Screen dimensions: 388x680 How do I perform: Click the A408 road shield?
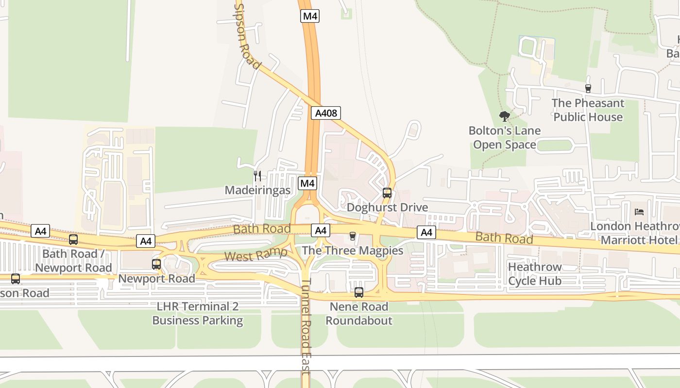325,113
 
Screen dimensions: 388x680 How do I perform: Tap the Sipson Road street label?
248,36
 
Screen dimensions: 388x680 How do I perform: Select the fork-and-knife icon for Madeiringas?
257,176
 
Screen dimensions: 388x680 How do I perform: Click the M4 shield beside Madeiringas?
307,183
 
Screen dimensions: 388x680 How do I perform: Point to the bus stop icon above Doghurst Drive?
387,193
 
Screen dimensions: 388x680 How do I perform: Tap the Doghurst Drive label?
387,208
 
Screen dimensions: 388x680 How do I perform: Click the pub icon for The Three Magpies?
352,236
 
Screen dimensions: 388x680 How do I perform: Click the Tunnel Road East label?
306,327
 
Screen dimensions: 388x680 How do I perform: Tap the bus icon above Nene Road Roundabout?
358,292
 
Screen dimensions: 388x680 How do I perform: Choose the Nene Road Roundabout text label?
358,314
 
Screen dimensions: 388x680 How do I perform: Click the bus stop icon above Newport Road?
156,264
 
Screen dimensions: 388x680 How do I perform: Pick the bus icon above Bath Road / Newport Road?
73,239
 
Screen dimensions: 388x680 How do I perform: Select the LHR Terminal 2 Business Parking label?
198,314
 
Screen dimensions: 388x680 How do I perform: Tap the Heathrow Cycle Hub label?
534,274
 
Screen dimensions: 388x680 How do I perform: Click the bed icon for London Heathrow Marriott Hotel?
639,212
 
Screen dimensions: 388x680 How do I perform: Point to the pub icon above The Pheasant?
588,88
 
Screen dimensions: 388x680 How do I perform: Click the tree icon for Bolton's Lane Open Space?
505,116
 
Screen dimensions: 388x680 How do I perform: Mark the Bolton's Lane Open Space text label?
505,138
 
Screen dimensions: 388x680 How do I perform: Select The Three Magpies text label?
353,251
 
